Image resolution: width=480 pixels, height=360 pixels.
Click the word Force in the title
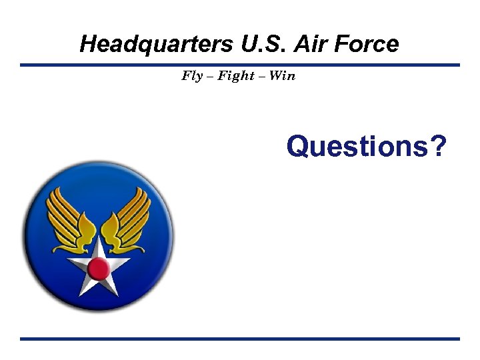pyautogui.click(x=367, y=44)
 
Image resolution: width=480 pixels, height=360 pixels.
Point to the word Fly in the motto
pyautogui.click(x=192, y=76)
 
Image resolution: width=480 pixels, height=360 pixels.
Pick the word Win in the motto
pyautogui.click(x=282, y=76)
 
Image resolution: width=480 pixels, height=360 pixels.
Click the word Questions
pyautogui.click(x=356, y=145)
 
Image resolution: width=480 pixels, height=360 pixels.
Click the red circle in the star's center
pyautogui.click(x=99, y=269)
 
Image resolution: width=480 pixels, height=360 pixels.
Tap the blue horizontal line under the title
pyautogui.click(x=240, y=65)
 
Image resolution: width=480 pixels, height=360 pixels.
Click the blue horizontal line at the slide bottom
pyautogui.click(x=240, y=339)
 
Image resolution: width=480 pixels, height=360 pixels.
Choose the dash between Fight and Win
pyautogui.click(x=262, y=77)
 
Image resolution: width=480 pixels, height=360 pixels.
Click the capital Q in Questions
pyautogui.click(x=297, y=145)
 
